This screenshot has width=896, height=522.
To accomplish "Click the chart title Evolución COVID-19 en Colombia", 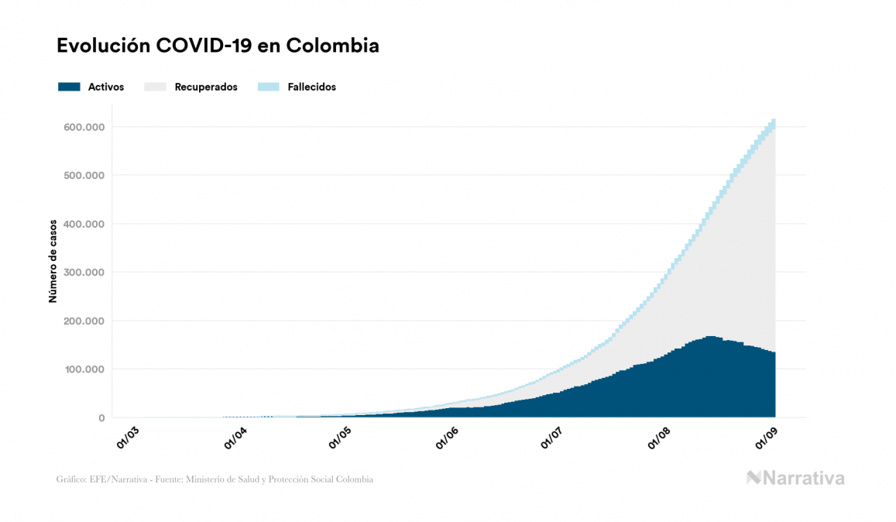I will [218, 46].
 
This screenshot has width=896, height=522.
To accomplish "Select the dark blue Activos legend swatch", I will [69, 87].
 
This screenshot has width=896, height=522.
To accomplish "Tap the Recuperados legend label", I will [206, 87].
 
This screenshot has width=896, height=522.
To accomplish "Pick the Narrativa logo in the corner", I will [795, 478].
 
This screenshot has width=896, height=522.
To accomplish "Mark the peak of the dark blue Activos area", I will [710, 338].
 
